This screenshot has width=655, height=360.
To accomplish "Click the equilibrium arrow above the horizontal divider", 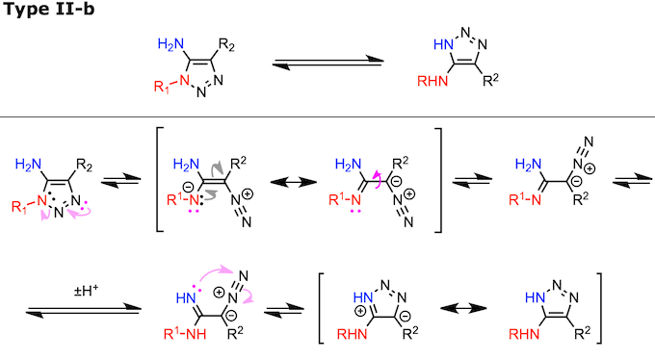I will click(328, 64).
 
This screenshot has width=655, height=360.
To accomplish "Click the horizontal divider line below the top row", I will click(327, 117).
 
